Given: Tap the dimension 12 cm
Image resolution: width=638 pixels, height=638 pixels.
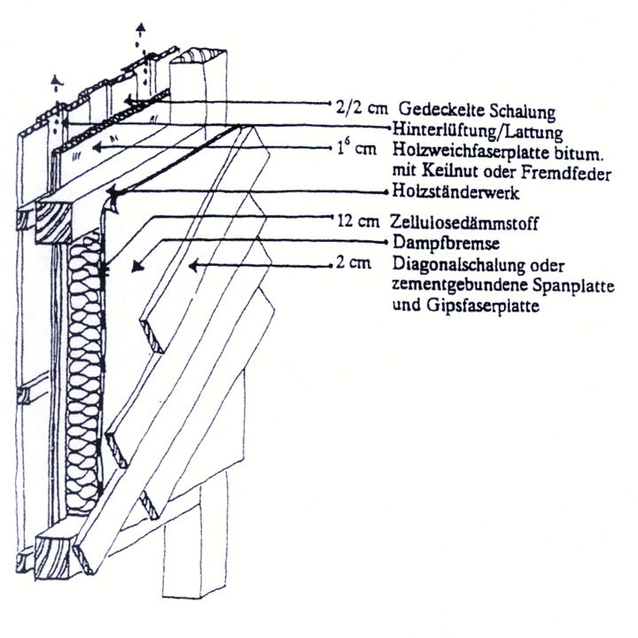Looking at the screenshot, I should (x=359, y=219).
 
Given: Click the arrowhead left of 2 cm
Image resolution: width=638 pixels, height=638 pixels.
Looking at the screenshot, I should (x=197, y=264).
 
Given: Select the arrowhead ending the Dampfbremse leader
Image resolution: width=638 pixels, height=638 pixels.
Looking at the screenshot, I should (x=135, y=265).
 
